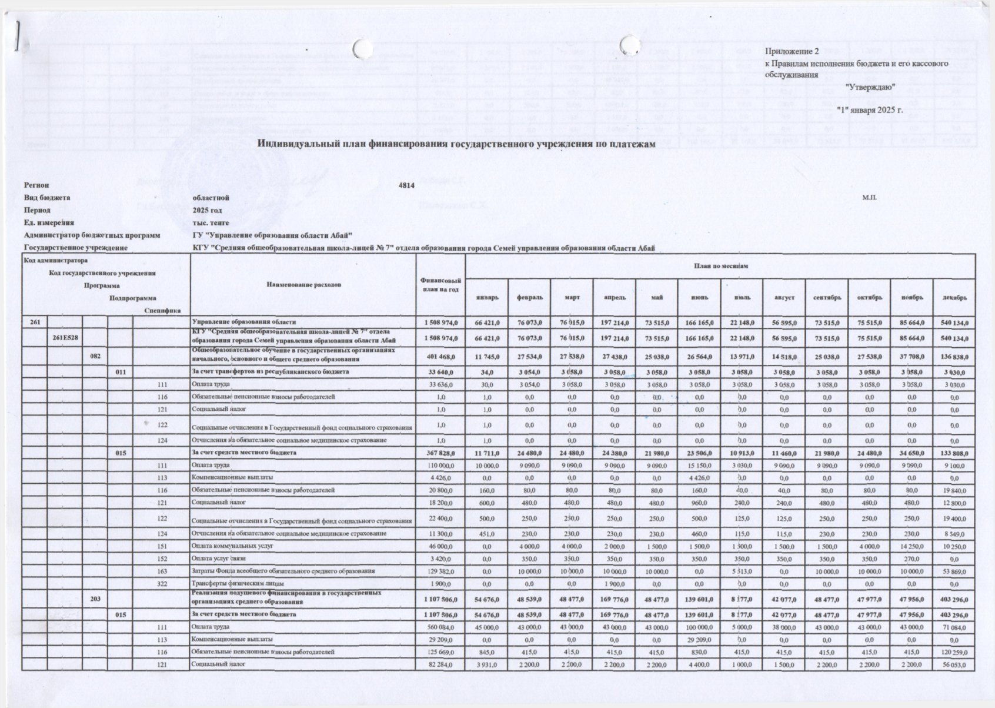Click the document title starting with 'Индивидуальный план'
(456, 144)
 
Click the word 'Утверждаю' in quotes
(870, 87)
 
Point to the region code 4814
(406, 185)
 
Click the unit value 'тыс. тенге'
(211, 222)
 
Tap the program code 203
(95, 599)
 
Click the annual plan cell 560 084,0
(440, 627)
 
